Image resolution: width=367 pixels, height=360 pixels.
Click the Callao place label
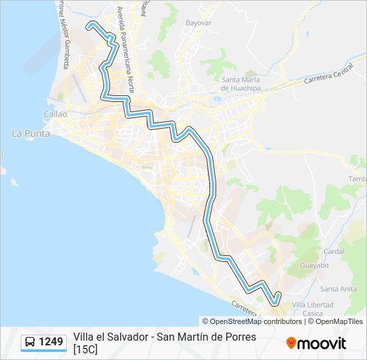[x=55, y=114]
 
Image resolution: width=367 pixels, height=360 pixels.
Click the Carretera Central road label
[x=328, y=74]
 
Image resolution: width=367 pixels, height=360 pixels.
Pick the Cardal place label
[x=333, y=251]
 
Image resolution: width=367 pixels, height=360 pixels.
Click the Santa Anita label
[x=339, y=289]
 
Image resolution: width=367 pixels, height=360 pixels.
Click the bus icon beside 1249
[x=30, y=343]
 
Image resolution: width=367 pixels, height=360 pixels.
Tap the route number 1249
[x=51, y=343]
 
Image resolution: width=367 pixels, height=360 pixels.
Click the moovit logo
[x=316, y=343]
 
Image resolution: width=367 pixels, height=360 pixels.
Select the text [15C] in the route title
[x=85, y=349]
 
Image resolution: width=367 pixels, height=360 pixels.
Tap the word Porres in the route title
[x=240, y=337]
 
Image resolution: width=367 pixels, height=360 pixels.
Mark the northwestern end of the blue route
[x=88, y=26]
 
